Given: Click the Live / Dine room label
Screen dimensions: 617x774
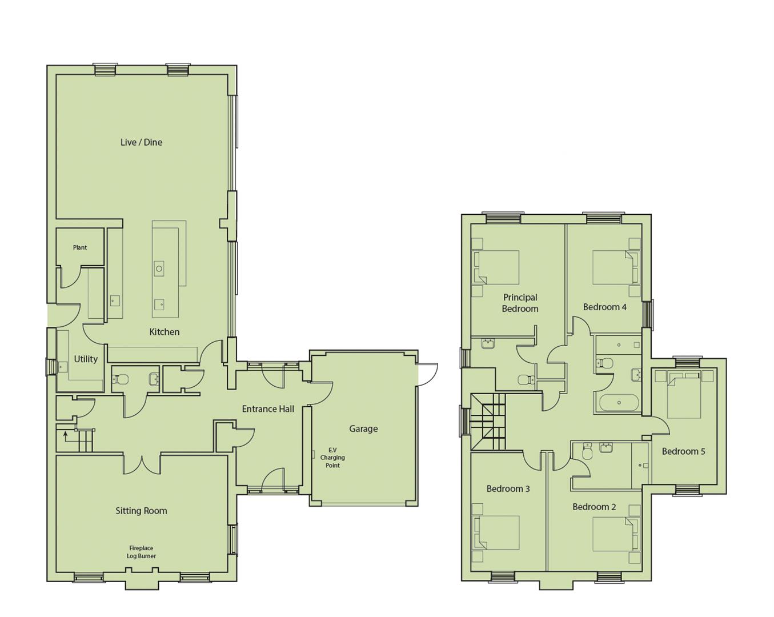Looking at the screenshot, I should click(x=141, y=142).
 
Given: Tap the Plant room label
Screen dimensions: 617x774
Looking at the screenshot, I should click(x=80, y=247).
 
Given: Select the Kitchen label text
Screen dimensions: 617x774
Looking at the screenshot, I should click(x=164, y=332).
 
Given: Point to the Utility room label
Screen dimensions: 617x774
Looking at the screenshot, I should click(x=86, y=359).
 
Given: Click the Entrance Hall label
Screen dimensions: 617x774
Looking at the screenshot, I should click(x=268, y=409).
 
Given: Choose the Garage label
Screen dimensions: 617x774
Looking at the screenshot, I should click(x=363, y=428).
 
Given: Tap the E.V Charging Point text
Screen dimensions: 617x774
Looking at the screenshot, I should click(x=332, y=458).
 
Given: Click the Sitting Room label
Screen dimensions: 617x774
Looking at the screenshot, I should click(x=141, y=511).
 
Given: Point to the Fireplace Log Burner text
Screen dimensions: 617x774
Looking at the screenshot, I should click(x=141, y=552).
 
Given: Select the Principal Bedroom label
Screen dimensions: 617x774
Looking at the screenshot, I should click(x=520, y=303).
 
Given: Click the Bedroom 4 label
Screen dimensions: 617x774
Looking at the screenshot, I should click(x=604, y=307).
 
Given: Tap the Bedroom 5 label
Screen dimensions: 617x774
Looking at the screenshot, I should click(x=683, y=451).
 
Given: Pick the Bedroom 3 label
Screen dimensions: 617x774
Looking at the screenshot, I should click(x=508, y=488).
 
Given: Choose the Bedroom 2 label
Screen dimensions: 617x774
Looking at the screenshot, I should click(x=594, y=507).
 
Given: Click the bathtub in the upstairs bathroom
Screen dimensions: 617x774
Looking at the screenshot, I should click(x=619, y=403).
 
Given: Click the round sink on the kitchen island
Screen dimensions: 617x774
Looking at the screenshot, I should click(x=159, y=269).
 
